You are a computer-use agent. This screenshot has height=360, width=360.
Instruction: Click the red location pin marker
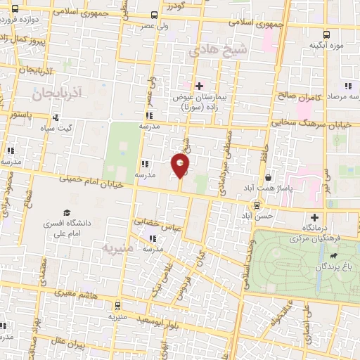point(181,166)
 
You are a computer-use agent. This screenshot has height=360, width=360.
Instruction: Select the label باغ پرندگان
point(335,267)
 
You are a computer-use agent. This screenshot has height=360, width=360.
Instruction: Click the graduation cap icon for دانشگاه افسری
point(67,212)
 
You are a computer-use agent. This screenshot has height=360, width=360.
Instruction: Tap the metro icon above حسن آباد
point(257,205)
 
